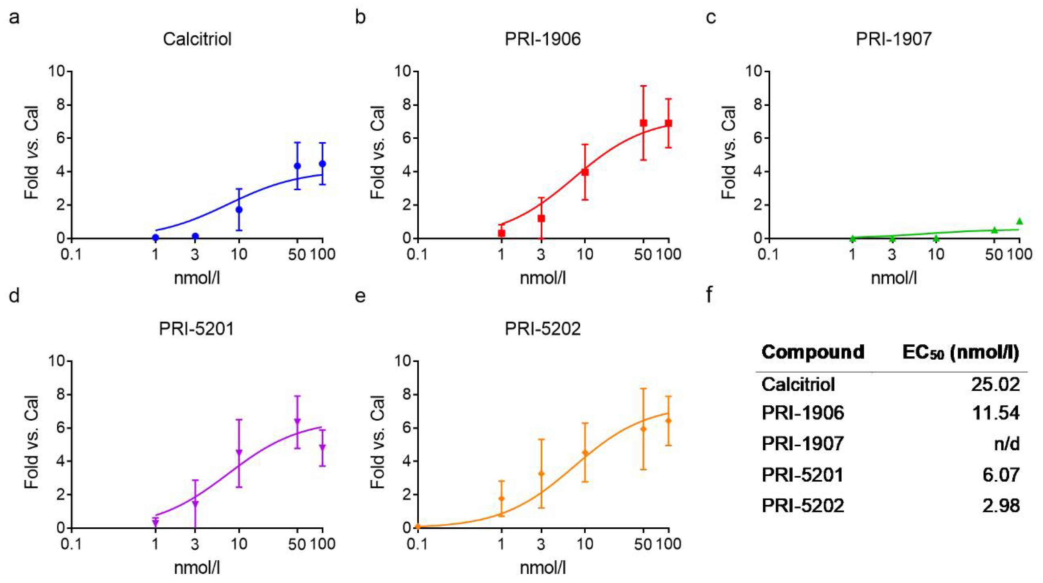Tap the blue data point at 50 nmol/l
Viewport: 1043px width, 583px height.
(x=297, y=166)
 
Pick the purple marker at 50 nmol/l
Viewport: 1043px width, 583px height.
(x=297, y=421)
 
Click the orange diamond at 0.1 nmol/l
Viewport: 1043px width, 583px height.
(x=418, y=527)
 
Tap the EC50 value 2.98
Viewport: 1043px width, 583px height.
(x=1001, y=505)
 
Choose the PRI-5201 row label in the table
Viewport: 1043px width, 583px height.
(x=802, y=474)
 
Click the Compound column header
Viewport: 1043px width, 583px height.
(x=813, y=352)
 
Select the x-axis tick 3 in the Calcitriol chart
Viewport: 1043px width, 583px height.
(x=195, y=255)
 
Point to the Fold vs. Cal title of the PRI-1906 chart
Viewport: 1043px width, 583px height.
(x=377, y=152)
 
